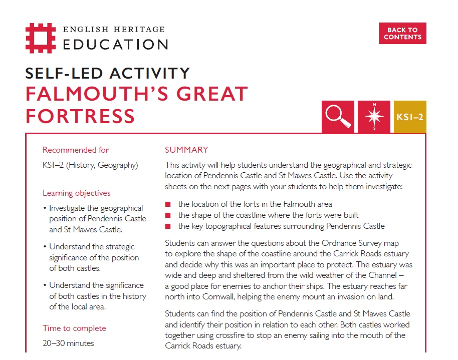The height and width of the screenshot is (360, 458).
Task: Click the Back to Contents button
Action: click(x=402, y=33)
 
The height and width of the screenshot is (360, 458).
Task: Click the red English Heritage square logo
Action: click(x=42, y=37)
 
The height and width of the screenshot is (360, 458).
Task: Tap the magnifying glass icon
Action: click(x=338, y=117)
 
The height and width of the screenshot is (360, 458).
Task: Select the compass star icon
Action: click(x=374, y=117)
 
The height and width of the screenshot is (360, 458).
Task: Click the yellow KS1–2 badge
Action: click(x=410, y=117)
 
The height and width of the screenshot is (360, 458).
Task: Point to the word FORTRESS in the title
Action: click(x=80, y=116)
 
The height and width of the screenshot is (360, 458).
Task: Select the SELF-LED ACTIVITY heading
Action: click(x=108, y=73)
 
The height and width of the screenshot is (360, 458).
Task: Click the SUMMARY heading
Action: click(x=186, y=150)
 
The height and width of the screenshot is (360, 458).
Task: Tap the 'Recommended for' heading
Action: click(x=76, y=150)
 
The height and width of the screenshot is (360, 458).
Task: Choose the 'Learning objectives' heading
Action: click(x=77, y=193)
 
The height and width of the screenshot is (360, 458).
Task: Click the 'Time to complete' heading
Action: click(x=74, y=328)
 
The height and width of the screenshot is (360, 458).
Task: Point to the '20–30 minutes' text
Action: click(x=68, y=343)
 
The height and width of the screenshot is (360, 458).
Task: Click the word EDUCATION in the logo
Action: click(x=115, y=44)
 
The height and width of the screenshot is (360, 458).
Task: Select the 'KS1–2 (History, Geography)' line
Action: click(x=90, y=165)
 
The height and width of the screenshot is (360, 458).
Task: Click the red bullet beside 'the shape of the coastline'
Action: click(x=168, y=215)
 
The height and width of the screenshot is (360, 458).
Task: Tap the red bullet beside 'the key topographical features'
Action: click(x=168, y=226)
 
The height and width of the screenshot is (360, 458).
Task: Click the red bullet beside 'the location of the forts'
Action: click(x=168, y=204)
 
